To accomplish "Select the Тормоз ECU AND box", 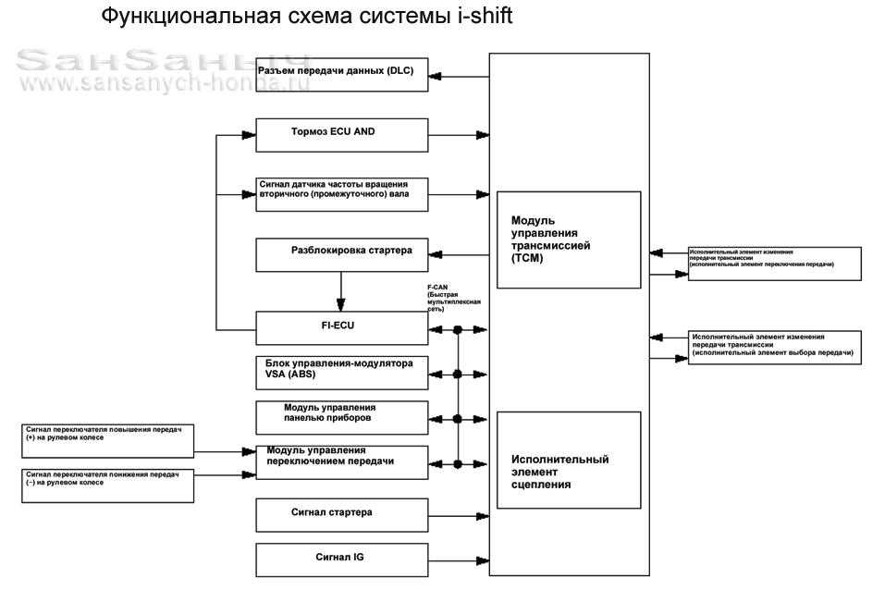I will [x=341, y=135].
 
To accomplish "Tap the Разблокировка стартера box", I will [x=341, y=254].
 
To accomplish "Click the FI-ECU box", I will [x=341, y=327].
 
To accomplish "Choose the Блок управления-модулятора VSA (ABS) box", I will [x=341, y=372].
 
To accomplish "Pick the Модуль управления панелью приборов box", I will [x=341, y=417].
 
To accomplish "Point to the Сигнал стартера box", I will [x=341, y=514].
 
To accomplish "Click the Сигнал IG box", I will [x=341, y=560].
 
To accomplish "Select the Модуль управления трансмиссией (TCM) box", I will [x=569, y=240].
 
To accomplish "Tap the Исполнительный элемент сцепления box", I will [x=569, y=460].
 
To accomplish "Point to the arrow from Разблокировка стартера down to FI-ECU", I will [x=341, y=294].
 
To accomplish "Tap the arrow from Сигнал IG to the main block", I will [x=459, y=560].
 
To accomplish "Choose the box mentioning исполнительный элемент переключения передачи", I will [x=773, y=263].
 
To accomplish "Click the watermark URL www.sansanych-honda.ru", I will [x=157, y=83].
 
